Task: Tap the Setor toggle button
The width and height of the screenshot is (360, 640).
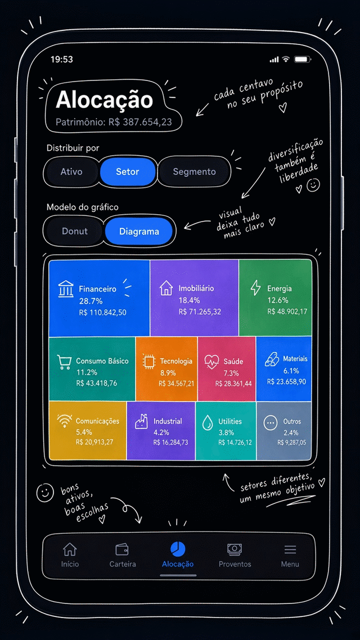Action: click(x=128, y=172)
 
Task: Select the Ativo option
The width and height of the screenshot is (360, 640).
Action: click(x=71, y=172)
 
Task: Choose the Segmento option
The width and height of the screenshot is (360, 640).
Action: click(x=194, y=172)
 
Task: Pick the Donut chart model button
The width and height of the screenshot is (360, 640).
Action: click(x=75, y=232)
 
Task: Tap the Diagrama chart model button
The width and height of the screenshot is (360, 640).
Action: click(x=139, y=232)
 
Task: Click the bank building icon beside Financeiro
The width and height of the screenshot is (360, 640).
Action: click(x=66, y=289)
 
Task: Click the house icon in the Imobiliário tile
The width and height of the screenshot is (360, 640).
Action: click(x=166, y=288)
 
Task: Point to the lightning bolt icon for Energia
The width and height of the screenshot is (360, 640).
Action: click(x=255, y=288)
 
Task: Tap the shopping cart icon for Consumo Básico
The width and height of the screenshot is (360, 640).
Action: click(x=64, y=362)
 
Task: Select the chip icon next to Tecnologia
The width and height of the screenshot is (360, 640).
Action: click(x=149, y=361)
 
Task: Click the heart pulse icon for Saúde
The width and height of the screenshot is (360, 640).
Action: click(x=211, y=361)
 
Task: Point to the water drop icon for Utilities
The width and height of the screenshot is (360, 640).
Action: click(x=208, y=423)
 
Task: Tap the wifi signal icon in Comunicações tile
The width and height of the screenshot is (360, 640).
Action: click(x=65, y=421)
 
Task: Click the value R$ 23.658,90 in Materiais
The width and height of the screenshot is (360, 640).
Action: click(x=286, y=382)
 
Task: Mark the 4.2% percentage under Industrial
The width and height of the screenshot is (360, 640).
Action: click(x=161, y=432)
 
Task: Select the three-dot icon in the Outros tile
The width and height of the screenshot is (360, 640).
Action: click(x=270, y=423)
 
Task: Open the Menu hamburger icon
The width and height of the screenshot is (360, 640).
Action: click(x=290, y=549)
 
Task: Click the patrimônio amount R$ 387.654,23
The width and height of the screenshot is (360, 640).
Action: click(x=140, y=121)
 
